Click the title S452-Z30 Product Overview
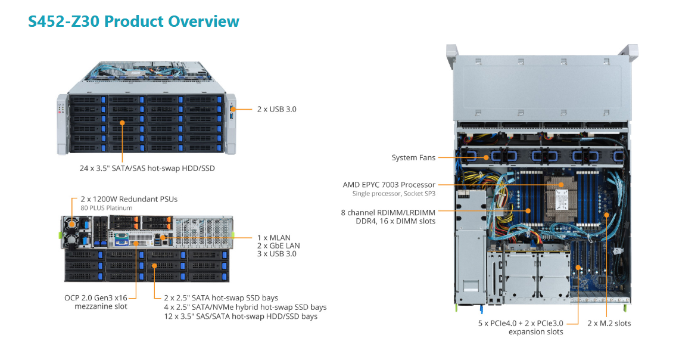point(133,21)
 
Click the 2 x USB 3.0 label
point(276,109)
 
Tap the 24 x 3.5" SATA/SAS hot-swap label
point(147,169)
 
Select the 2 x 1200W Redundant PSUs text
point(129,199)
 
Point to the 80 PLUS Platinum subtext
point(106,208)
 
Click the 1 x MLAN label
point(273,237)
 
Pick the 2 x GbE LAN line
point(278,246)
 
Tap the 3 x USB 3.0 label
point(276,254)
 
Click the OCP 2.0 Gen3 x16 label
point(96,297)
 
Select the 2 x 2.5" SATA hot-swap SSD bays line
point(220,298)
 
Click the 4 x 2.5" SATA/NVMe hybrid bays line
point(245,307)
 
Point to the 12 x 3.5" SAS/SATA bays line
point(240,316)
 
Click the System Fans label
point(413,158)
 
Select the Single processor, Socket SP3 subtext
point(393,194)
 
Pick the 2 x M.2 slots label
point(609,323)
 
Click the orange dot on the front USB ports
point(233,109)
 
